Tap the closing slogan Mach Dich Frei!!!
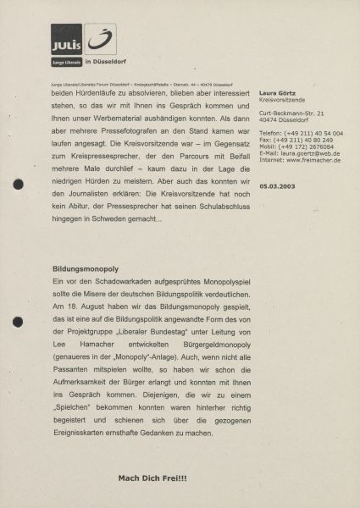click(152, 478)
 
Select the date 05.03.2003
click(277, 185)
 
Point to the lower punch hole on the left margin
click(18, 321)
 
